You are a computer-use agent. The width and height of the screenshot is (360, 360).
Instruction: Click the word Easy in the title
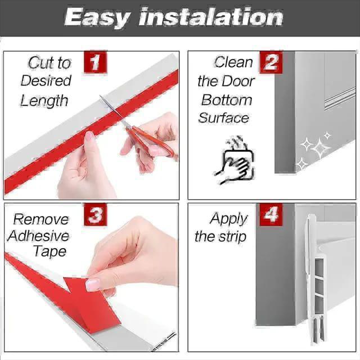point(97,17)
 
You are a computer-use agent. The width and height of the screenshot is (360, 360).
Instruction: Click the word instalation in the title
point(211,17)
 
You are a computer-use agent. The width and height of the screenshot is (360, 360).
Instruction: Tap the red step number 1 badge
point(94,62)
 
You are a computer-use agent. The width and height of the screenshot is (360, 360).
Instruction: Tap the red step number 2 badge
point(271,62)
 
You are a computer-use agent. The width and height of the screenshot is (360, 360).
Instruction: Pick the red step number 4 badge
point(271,215)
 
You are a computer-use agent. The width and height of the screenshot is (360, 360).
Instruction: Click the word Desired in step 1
point(46,80)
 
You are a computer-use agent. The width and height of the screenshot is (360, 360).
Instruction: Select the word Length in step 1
point(44,101)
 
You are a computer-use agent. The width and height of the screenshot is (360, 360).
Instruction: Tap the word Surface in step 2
point(223,118)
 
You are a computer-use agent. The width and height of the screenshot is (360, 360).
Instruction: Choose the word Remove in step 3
point(41,219)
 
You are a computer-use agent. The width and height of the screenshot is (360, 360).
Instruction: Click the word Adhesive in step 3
point(38,236)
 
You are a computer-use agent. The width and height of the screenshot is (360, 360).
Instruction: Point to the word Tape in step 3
point(49,251)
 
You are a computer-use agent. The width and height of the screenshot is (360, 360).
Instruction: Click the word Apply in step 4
point(229,219)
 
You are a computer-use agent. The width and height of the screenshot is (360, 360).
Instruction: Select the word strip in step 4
point(232,236)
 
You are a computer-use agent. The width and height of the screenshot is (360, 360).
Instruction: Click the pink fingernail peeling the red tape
point(92,285)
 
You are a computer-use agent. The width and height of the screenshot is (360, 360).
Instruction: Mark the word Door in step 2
point(240,81)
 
